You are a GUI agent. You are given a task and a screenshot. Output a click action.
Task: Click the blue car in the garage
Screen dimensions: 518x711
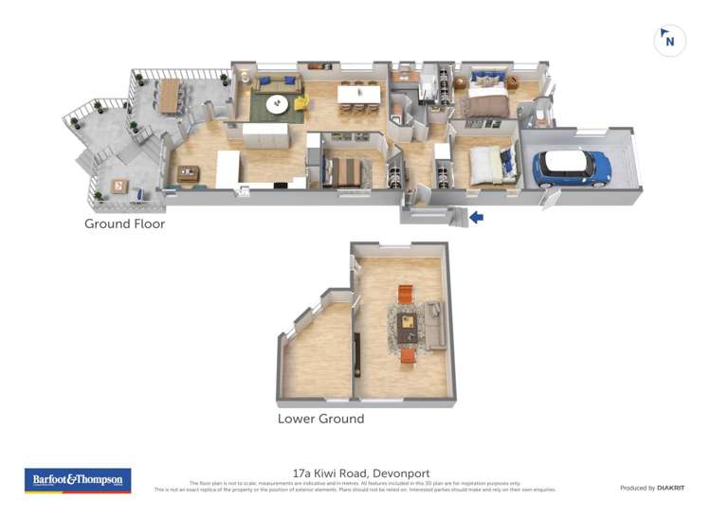tap(571, 167)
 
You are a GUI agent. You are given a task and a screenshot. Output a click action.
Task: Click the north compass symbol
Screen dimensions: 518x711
tap(670, 40)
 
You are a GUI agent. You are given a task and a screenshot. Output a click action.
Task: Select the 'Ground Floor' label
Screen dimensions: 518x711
tap(124, 224)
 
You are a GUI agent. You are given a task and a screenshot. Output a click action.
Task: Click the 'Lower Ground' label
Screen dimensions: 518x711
tap(320, 418)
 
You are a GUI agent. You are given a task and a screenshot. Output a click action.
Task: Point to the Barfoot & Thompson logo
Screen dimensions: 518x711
tap(78, 480)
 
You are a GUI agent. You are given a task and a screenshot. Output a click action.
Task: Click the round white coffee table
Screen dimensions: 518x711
tap(278, 105)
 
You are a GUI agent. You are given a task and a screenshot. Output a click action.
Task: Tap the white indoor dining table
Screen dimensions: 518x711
tap(359, 94)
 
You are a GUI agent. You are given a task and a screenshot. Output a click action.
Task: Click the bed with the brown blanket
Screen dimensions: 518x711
tap(485, 104)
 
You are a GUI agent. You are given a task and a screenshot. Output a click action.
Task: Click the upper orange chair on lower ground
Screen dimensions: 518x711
tap(406, 294)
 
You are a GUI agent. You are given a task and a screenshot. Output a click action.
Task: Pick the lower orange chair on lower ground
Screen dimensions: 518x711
tap(408, 354)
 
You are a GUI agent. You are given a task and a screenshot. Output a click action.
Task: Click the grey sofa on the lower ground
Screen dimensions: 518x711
tap(435, 325)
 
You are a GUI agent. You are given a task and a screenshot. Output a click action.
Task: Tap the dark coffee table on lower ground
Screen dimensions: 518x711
tap(407, 324)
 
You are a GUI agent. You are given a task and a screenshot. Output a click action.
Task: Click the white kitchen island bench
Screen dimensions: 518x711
tap(228, 170)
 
